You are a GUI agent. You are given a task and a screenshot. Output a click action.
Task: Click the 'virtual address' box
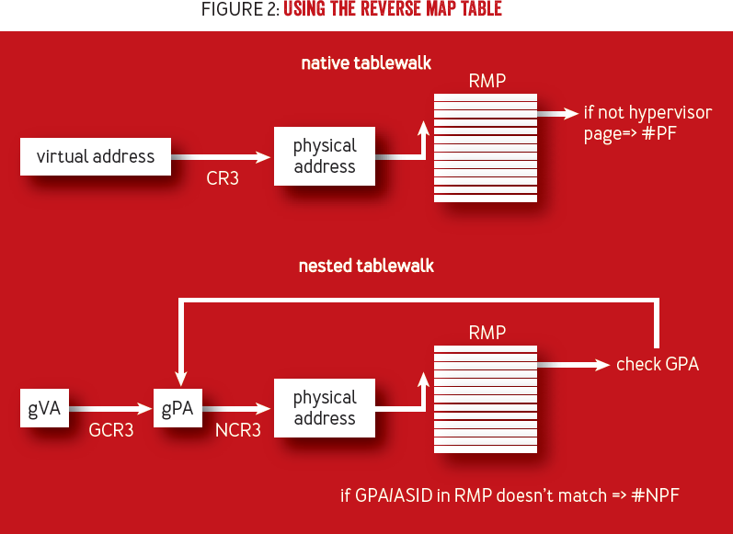(x=96, y=156)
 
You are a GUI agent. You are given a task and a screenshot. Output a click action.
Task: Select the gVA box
(x=44, y=408)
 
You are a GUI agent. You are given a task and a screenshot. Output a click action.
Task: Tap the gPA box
(x=178, y=408)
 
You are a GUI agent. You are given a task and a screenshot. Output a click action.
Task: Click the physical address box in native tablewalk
(x=325, y=156)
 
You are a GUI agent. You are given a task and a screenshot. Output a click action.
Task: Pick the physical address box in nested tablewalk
(x=325, y=408)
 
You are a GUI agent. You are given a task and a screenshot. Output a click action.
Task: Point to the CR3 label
(x=223, y=178)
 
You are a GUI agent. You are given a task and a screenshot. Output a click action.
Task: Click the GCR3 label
(x=111, y=430)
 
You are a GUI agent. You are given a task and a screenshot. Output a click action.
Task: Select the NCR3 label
(x=238, y=430)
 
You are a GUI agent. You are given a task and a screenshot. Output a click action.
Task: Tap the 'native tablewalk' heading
(x=366, y=63)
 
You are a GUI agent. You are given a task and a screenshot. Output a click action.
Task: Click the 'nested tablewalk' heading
(x=366, y=266)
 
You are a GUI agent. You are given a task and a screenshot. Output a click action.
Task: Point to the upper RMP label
(x=487, y=81)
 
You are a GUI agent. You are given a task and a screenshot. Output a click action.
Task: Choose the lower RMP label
(x=487, y=333)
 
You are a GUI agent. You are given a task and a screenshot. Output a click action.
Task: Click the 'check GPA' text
(x=658, y=364)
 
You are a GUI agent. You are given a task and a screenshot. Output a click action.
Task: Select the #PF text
(x=659, y=133)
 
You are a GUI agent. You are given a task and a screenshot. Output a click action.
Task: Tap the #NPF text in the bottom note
(x=656, y=495)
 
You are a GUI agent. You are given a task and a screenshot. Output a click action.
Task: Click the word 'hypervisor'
(x=670, y=114)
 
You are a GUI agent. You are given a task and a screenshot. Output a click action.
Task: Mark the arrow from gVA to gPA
(x=110, y=409)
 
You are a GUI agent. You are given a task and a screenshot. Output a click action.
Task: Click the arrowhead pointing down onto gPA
(x=181, y=379)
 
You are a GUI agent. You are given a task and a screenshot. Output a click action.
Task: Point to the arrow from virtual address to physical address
(x=221, y=157)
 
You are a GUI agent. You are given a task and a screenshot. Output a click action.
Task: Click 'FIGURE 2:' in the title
(x=240, y=9)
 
